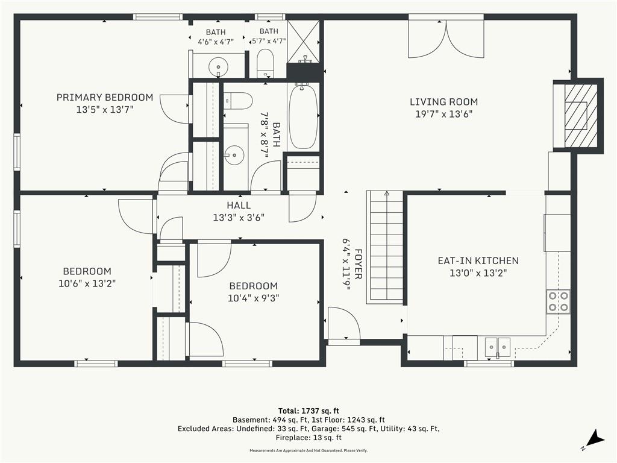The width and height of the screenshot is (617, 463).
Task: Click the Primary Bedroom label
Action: (x=105, y=97)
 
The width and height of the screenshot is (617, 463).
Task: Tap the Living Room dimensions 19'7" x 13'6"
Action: (x=444, y=114)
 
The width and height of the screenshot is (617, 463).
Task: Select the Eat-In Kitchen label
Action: (x=478, y=260)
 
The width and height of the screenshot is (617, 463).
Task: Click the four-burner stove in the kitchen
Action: (x=559, y=301)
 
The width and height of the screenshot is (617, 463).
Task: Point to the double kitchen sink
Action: (x=497, y=347)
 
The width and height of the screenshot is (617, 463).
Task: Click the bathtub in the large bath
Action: (x=304, y=116)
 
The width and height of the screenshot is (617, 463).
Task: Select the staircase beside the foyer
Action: (x=385, y=247)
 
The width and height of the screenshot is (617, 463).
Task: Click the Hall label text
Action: (x=239, y=205)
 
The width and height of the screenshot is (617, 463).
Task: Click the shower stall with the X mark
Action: (x=304, y=42)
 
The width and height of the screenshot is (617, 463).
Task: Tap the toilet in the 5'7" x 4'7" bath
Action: (x=265, y=63)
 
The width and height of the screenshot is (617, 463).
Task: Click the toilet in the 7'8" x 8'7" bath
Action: (x=237, y=101)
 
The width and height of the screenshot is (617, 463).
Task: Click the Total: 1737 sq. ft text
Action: (x=308, y=411)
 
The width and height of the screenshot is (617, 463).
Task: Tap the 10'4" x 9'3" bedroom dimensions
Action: (x=254, y=298)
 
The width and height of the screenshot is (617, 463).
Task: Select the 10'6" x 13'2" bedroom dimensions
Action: (x=87, y=283)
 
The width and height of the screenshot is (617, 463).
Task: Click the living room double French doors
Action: (x=446, y=38)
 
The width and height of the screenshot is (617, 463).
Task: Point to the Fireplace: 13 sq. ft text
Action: (x=308, y=438)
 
